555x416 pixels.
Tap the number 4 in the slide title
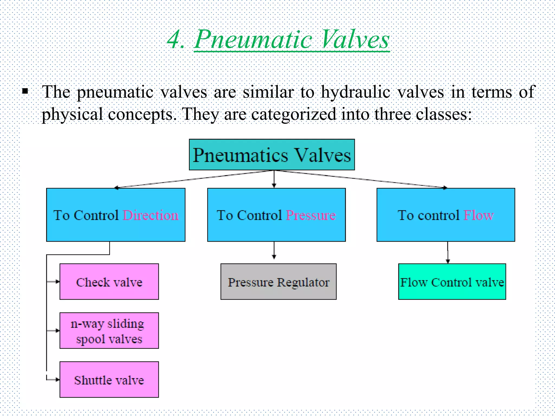[175, 40]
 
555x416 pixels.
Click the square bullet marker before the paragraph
[25, 91]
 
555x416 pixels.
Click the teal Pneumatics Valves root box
[272, 155]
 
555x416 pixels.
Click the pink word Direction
[151, 215]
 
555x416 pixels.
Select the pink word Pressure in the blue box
[311, 215]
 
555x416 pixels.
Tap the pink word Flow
[478, 215]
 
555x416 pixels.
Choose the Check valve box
[109, 282]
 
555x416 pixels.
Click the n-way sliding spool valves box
[109, 331]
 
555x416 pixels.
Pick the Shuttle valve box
[109, 380]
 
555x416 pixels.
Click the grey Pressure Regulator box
[278, 282]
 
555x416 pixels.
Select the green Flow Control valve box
[452, 282]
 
